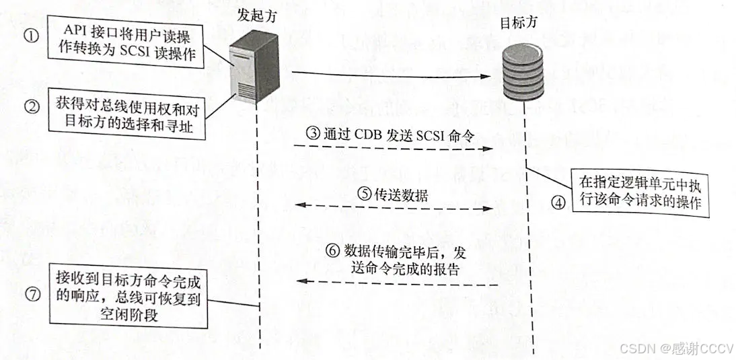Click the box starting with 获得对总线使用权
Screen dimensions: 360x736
point(125,116)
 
